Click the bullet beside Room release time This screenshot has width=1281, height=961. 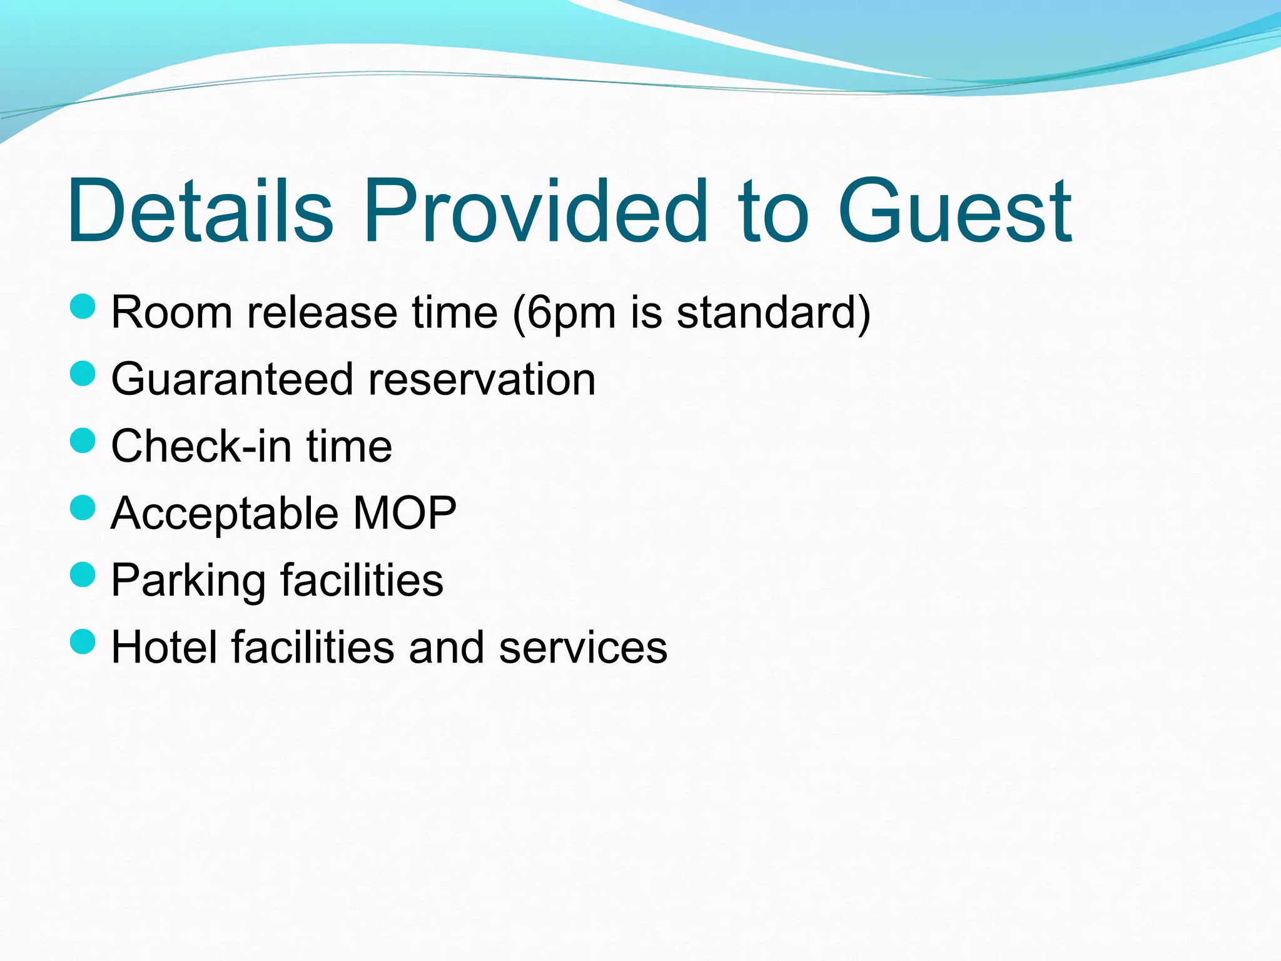click(x=83, y=307)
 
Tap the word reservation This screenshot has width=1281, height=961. click(x=482, y=379)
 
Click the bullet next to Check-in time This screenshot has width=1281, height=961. click(x=83, y=440)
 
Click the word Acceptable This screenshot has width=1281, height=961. click(x=225, y=514)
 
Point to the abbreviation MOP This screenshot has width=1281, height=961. click(x=405, y=512)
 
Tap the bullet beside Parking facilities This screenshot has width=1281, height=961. click(x=83, y=574)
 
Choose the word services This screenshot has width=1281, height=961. click(x=582, y=647)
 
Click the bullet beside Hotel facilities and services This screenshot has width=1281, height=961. click(x=83, y=641)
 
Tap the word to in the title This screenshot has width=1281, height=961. click(x=773, y=211)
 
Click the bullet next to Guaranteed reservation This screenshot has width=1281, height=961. click(x=83, y=374)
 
